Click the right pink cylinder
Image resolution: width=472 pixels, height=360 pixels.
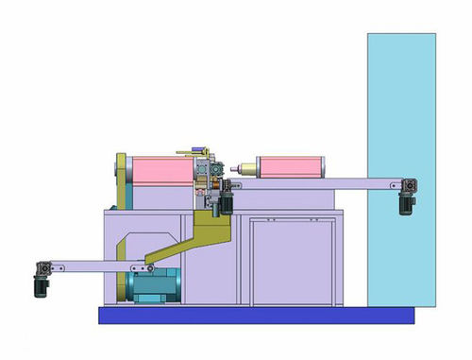click(x=291, y=168)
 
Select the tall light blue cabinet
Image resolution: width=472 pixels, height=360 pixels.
click(x=401, y=170)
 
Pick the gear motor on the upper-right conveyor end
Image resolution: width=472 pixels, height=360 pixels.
click(x=408, y=193)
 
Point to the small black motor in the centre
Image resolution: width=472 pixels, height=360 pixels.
click(x=227, y=202)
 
